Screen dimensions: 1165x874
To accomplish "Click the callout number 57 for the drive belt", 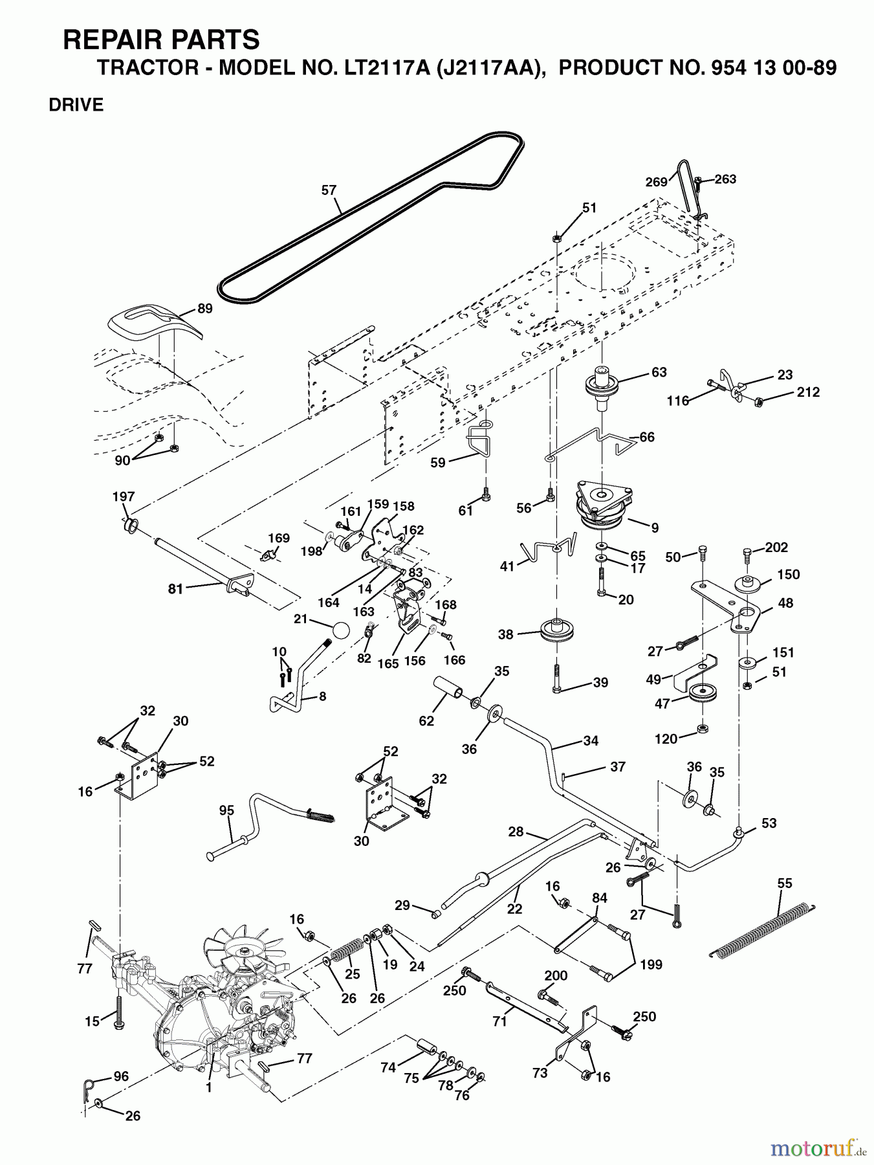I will (329, 190).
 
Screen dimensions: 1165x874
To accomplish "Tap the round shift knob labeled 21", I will (341, 631).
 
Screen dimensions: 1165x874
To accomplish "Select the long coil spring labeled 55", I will (761, 929).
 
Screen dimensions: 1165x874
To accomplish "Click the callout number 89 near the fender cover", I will (204, 309).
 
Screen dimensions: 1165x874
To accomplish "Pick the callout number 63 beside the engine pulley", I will (659, 372).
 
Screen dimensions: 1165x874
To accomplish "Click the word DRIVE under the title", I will (76, 105).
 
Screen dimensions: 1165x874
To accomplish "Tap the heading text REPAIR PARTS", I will (161, 40).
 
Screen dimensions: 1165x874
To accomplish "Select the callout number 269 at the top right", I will (655, 182).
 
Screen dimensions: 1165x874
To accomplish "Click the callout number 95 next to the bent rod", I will (226, 810).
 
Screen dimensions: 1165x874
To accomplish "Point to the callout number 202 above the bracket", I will (776, 548).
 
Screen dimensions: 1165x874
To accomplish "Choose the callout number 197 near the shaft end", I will (124, 496).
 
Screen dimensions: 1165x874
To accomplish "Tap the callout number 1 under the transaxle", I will (208, 1088).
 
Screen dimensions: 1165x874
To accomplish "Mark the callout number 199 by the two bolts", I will (651, 964).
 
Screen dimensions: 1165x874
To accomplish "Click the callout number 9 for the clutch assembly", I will (655, 528).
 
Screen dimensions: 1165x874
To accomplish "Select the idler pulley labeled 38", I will (557, 630).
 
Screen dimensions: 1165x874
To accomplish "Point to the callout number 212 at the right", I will (808, 392).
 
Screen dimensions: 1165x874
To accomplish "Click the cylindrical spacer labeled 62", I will (447, 692).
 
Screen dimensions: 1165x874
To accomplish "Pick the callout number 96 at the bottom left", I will (121, 1076).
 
